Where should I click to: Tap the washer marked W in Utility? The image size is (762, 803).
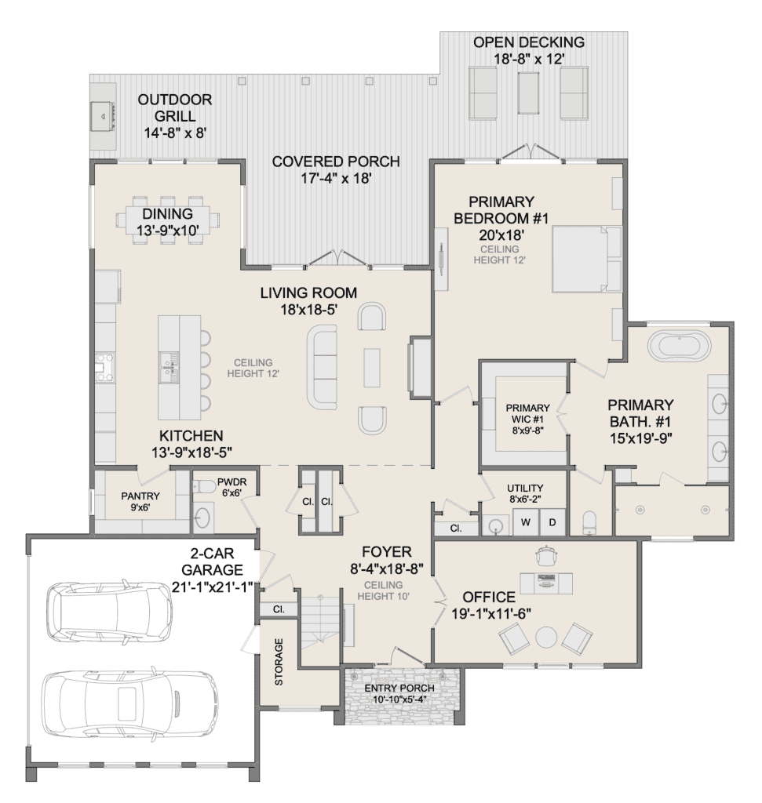click(x=526, y=522)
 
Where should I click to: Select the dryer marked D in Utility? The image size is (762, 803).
click(x=552, y=522)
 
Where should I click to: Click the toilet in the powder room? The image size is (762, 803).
click(x=206, y=486)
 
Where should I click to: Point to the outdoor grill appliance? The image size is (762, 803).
click(x=103, y=114)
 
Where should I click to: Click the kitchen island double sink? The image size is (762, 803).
click(x=169, y=367)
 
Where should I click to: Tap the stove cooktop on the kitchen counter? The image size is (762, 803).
click(x=105, y=367)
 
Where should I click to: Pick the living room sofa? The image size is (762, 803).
click(x=322, y=367)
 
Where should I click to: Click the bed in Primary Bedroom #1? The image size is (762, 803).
click(x=587, y=259)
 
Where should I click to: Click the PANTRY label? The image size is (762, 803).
click(x=140, y=496)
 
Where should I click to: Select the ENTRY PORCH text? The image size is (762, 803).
click(x=399, y=688)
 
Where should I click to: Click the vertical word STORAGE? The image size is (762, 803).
click(x=279, y=662)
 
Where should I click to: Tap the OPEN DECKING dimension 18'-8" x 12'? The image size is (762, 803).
click(x=529, y=59)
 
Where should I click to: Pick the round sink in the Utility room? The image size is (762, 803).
click(x=496, y=527)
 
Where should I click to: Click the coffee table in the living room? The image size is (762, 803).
click(x=372, y=367)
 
